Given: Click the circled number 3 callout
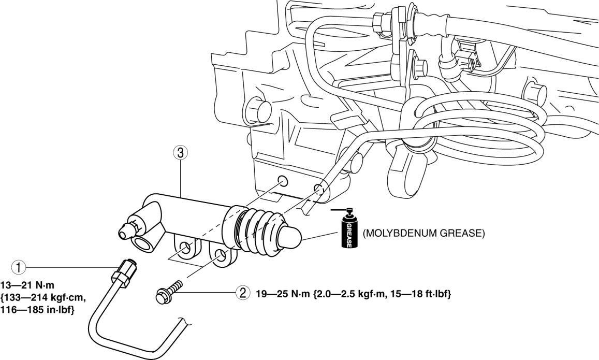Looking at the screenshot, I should click(x=179, y=153).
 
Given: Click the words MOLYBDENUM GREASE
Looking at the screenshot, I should click(x=423, y=234).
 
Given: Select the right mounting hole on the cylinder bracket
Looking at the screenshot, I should click(x=219, y=255).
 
